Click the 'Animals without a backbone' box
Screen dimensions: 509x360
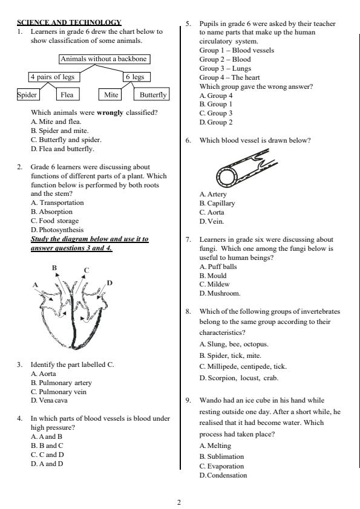[104, 59]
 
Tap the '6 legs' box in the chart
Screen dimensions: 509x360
[137, 77]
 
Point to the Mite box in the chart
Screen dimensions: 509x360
[111, 94]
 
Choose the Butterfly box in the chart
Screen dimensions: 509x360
[152, 94]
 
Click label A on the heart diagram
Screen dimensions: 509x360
[36, 284]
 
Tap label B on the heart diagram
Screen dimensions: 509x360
[54, 267]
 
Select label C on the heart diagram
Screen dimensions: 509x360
[87, 270]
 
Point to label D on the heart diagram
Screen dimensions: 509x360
[109, 282]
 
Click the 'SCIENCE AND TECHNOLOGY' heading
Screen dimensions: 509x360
[69, 22]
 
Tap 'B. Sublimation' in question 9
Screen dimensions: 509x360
[221, 456]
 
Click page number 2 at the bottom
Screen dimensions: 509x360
[179, 502]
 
